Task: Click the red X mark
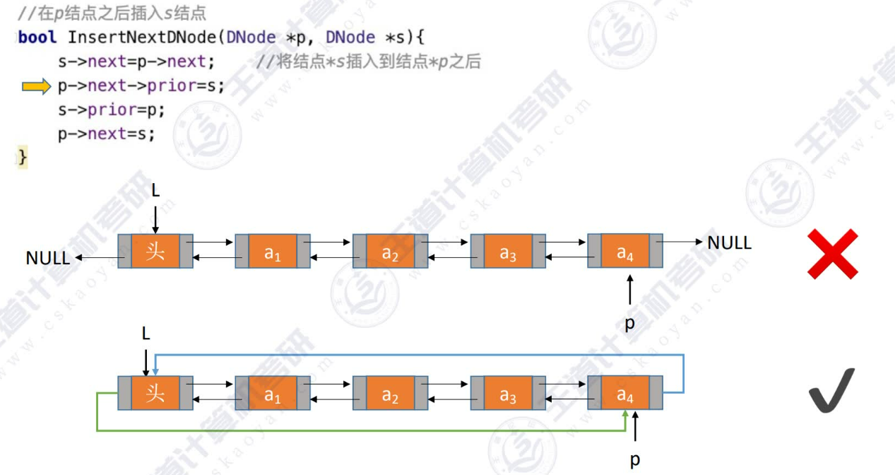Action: (x=833, y=253)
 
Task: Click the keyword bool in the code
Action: (x=37, y=37)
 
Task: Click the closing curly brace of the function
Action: (x=23, y=157)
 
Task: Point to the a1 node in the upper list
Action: (x=273, y=252)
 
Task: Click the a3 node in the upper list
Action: (x=508, y=252)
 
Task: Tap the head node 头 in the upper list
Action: (x=155, y=251)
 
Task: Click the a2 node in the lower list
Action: (x=390, y=394)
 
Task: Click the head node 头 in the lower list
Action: (x=155, y=394)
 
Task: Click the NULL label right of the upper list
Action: (x=729, y=243)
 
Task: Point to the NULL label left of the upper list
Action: (x=48, y=258)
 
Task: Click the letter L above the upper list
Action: (x=156, y=190)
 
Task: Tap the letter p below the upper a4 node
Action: (x=629, y=323)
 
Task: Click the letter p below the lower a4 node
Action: (x=635, y=460)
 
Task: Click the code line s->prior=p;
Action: (x=112, y=110)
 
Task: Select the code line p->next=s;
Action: (x=106, y=134)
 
